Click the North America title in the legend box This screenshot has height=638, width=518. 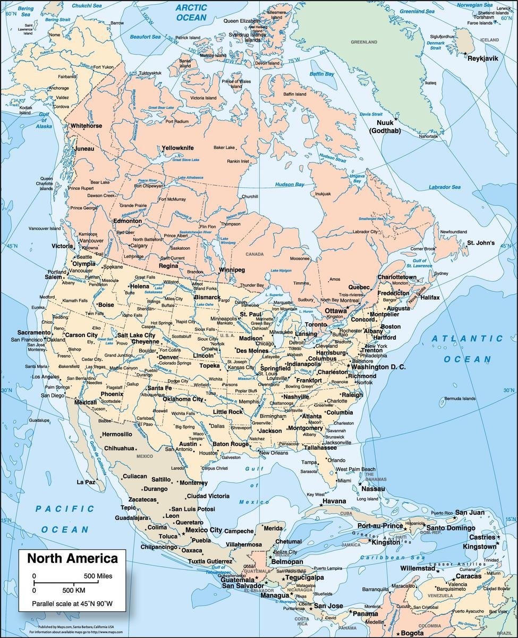pos(73,558)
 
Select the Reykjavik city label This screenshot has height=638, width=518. pos(482,58)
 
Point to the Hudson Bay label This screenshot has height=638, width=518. pos(290,184)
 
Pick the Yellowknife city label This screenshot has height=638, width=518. pos(177,147)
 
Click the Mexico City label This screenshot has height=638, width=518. pos(203,530)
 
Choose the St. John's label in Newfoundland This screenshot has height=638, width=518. pos(481,243)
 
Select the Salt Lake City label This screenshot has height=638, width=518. pos(136,335)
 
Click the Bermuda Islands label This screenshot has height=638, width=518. pos(460,398)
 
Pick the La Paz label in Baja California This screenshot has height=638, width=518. pos(86,482)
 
